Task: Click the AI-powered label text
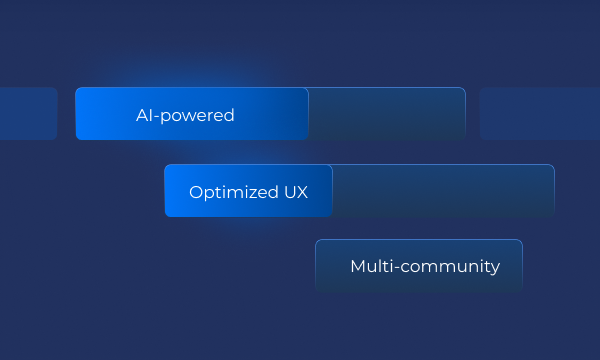click(x=185, y=115)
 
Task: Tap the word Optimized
click(x=227, y=192)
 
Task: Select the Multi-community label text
click(x=425, y=267)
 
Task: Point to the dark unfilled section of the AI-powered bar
click(x=386, y=114)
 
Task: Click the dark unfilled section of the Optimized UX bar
click(x=442, y=191)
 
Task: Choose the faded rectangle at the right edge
click(x=540, y=113)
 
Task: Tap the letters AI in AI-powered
click(x=143, y=115)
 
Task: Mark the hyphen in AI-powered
click(x=156, y=116)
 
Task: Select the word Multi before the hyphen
click(x=368, y=267)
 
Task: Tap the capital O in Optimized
click(x=196, y=192)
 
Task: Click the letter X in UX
click(x=301, y=192)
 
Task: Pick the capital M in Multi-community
click(x=357, y=267)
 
